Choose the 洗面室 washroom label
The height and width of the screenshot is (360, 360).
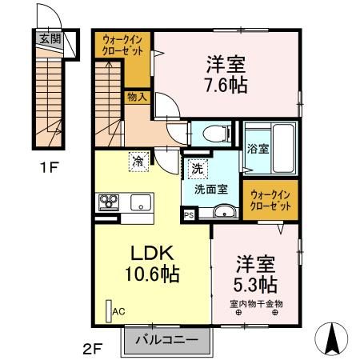tap(210, 190)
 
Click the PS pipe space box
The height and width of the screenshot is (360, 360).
tap(190, 214)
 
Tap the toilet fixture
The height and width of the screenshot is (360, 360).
tap(213, 134)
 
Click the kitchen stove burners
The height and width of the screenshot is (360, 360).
tap(108, 202)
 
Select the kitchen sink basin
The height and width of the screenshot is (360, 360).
tap(141, 202)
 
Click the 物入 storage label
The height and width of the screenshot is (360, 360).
tap(137, 97)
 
